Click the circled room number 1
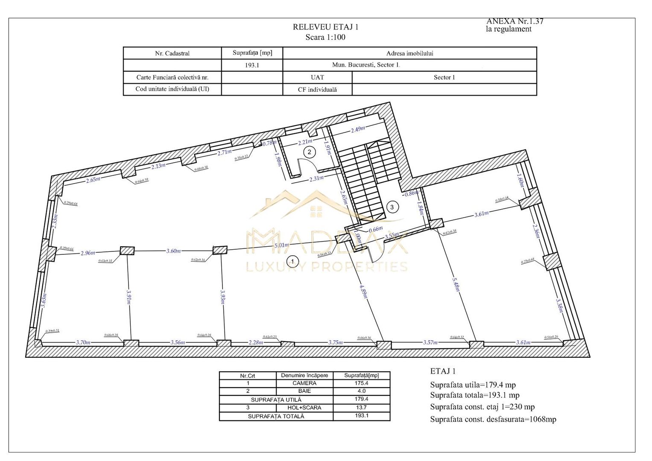pos(292,260)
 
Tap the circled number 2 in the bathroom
pos(310,152)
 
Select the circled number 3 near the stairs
pos(392,207)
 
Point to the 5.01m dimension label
pos(282,245)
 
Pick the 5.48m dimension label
pos(456,286)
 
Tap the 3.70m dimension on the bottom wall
pos(83,342)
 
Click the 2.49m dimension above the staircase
pos(358,128)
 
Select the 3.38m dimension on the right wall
pos(560,305)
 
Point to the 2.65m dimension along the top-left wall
pos(93,180)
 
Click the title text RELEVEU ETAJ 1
pos(325,27)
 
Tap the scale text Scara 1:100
pos(325,37)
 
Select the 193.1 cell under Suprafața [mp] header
pos(252,65)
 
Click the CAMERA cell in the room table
pos(304,383)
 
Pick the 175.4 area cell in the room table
pos(361,383)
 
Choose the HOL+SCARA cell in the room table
pos(304,408)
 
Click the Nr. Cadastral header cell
pos(172,53)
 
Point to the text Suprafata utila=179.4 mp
pos(473,385)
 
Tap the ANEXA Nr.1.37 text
pos(515,21)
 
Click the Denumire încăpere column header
pos(304,376)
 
